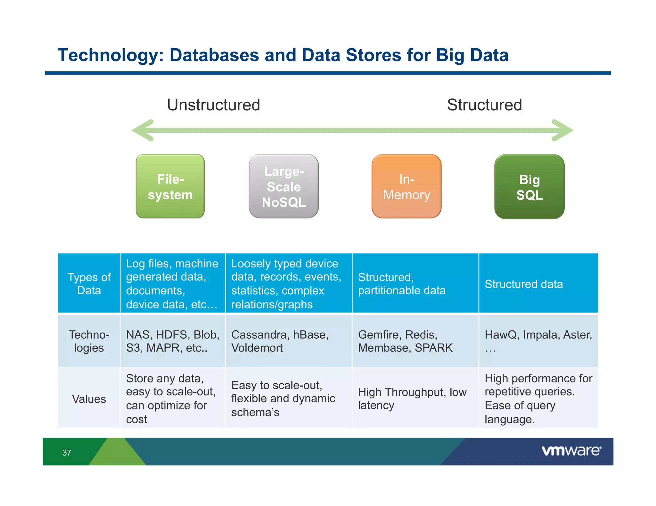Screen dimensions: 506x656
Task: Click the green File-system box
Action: [170, 186]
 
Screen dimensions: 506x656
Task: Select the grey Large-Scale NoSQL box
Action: [284, 186]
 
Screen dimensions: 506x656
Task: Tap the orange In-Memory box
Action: [406, 186]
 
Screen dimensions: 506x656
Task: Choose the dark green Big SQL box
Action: [529, 187]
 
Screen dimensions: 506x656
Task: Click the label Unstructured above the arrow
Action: [214, 105]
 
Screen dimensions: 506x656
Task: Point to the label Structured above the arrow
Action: [484, 105]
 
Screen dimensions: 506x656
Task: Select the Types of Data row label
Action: [89, 284]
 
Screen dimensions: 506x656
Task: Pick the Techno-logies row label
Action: [89, 341]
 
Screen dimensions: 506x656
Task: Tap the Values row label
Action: [89, 399]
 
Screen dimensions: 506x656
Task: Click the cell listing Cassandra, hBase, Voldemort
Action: [288, 341]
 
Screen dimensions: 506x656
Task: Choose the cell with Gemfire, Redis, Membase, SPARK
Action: [415, 341]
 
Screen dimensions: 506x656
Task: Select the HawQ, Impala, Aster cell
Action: [538, 341]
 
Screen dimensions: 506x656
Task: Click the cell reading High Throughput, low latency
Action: [415, 399]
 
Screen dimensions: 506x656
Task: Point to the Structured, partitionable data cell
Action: [415, 284]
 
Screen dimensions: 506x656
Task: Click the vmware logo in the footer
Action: [571, 451]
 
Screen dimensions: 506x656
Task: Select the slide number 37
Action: [67, 453]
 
